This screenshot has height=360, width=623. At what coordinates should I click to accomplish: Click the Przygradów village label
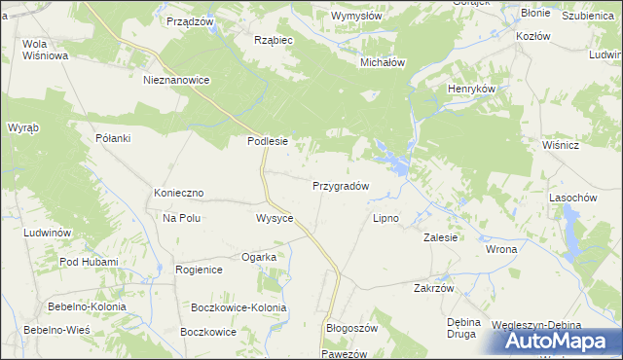340,185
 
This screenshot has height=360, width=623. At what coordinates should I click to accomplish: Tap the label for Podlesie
267,141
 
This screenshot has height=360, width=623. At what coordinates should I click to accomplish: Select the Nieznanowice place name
176,80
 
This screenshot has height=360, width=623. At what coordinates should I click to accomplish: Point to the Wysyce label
275,218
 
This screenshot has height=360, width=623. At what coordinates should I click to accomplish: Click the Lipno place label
386,218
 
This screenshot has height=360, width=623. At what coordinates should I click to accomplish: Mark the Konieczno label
178,194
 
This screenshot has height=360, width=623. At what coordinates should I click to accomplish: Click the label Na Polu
181,218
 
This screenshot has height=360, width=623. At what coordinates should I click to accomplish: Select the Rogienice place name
200,269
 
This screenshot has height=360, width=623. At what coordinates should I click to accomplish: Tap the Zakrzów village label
434,288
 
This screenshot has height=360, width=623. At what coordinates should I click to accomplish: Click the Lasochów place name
572,197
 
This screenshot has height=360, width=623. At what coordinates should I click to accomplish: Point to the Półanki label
113,138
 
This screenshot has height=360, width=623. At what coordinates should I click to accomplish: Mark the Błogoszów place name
350,329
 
